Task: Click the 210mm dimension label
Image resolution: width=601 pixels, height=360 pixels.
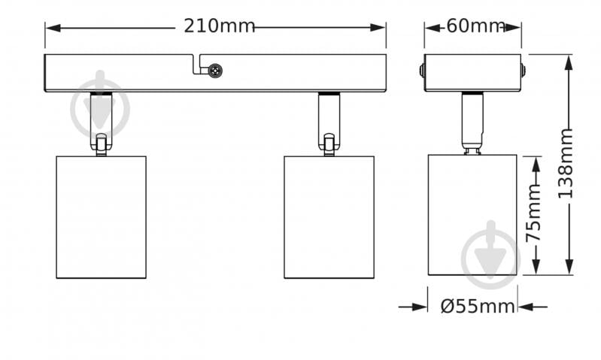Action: (x=220, y=26)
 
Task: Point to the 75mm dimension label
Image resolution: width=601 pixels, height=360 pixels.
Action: (x=534, y=216)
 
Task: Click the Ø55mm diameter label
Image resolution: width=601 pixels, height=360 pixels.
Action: (x=478, y=307)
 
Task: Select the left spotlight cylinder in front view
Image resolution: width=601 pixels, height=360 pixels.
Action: (x=101, y=216)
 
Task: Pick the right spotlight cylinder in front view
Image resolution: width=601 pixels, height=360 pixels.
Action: (x=329, y=216)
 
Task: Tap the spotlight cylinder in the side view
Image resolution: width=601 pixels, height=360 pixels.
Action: (x=472, y=215)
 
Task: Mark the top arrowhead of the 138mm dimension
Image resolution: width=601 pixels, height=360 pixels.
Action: (x=569, y=61)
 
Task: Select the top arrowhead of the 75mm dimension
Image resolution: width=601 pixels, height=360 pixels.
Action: (x=536, y=162)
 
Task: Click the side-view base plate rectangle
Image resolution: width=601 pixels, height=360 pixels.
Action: (x=472, y=73)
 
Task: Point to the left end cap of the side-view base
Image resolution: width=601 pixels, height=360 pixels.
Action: (x=422, y=73)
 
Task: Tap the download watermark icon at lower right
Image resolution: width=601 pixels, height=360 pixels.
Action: (x=490, y=254)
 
